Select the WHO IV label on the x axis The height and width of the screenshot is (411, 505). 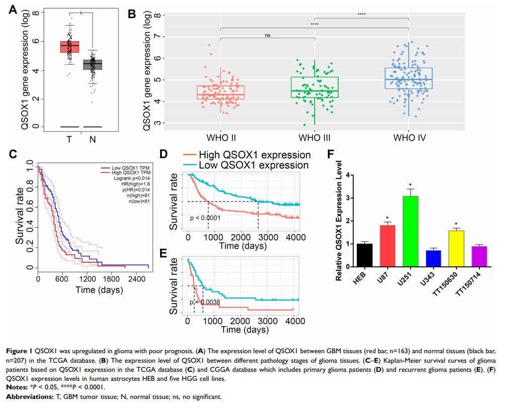click(408, 136)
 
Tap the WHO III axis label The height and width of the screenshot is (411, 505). click(314, 136)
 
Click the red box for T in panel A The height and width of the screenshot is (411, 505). click(69, 46)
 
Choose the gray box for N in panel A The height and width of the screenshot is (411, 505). click(92, 65)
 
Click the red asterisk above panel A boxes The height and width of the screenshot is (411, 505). click(81, 14)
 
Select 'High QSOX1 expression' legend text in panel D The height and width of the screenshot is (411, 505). click(255, 155)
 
